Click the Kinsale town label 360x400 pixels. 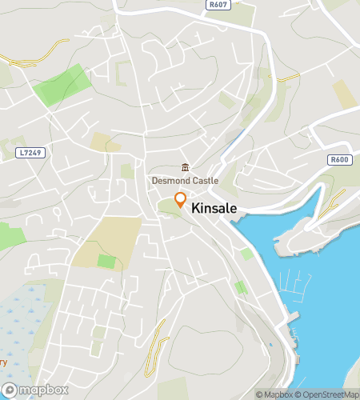217,206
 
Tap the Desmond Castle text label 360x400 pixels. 185,181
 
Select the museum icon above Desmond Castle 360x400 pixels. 186,167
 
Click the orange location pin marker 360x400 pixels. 181,200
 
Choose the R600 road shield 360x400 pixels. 340,160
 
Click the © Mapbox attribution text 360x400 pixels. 274,394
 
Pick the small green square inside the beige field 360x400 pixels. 106,261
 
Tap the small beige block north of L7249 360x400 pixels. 101,142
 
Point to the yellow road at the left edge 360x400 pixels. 24,60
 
